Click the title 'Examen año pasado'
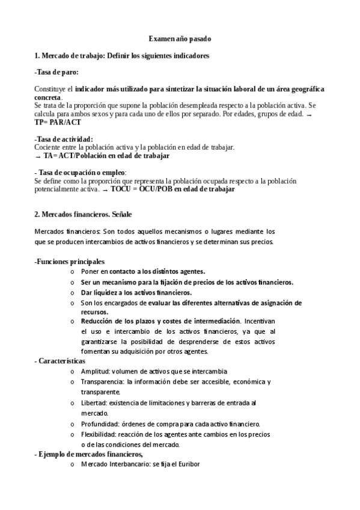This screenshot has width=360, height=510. point(180,39)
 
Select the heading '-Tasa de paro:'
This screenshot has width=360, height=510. point(56,72)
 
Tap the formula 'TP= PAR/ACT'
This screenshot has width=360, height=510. point(58,122)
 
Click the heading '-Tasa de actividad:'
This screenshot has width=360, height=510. point(64,140)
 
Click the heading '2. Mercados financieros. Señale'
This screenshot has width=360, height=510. point(83,214)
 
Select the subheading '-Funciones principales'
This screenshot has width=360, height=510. point(69,262)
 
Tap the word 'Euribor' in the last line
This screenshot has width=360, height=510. point(186,465)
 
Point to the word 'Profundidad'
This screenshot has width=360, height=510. point(99,423)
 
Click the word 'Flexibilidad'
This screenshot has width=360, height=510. point(99,434)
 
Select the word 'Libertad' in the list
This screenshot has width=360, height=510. point(94,402)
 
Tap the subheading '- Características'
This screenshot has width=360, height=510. point(60,361)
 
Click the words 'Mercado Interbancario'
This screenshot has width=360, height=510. point(116,465)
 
